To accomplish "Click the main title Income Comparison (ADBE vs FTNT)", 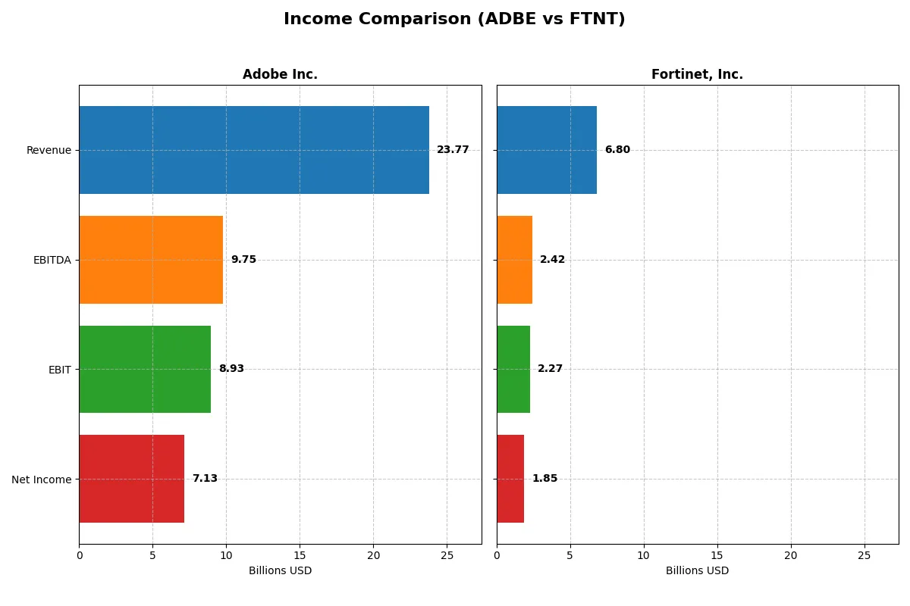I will point(454,20).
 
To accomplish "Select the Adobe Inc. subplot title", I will point(280,75).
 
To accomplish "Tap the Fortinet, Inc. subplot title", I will point(697,75).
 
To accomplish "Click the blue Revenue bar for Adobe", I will point(254,150).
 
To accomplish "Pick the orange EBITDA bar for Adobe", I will point(151,260).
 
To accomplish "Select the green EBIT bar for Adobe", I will point(145,369).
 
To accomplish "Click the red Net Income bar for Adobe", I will point(131,479).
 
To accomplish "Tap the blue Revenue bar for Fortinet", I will point(547,150).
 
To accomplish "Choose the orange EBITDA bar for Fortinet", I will point(514,260).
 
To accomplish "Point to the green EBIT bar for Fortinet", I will point(513,369).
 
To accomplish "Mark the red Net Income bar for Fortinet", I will point(510,479).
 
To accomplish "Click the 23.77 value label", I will point(453,150).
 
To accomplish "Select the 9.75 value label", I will point(243,260).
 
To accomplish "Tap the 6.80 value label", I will point(617,150).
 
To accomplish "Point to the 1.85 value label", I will point(544,479).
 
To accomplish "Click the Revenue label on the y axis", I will point(49,151).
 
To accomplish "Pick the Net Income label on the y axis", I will point(41,479).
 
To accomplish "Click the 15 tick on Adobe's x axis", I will point(300,555).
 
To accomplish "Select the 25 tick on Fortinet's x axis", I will point(864,555).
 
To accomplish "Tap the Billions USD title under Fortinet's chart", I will point(697,571).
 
